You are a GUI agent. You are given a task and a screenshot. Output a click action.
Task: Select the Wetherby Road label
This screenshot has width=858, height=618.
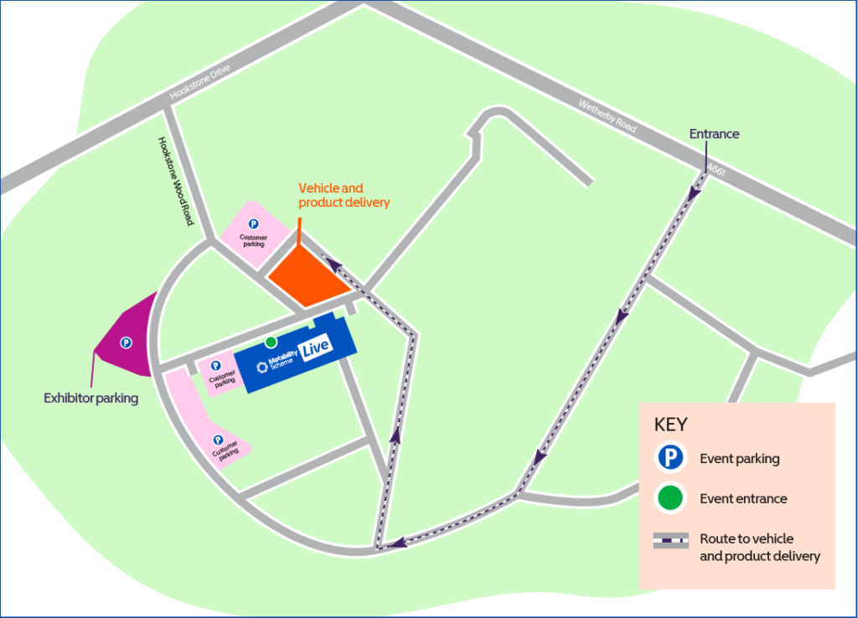pyautogui.click(x=607, y=117)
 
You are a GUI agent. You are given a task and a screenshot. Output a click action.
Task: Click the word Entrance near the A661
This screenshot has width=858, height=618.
pyautogui.click(x=714, y=134)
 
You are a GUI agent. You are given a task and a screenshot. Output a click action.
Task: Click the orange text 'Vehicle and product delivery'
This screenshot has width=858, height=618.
pyautogui.click(x=344, y=195)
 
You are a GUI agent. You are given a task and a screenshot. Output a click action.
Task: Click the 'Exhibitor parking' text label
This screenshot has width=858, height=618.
pyautogui.click(x=90, y=399)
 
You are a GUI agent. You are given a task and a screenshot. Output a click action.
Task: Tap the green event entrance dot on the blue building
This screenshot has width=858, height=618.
pyautogui.click(x=271, y=342)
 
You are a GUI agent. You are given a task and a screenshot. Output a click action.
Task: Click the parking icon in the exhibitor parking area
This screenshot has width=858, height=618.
pyautogui.click(x=126, y=342)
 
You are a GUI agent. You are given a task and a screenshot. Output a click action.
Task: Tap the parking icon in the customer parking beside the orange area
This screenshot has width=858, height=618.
pyautogui.click(x=253, y=224)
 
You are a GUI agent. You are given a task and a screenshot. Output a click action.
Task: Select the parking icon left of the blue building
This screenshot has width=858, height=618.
pyautogui.click(x=216, y=366)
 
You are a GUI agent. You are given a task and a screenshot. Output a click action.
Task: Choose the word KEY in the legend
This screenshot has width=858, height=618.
pyautogui.click(x=669, y=424)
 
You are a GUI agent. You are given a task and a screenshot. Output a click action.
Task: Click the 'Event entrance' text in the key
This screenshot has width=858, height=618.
pyautogui.click(x=743, y=499)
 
